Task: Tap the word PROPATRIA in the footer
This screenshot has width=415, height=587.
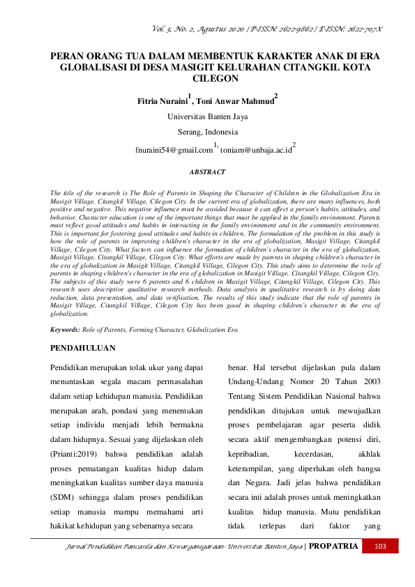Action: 334,546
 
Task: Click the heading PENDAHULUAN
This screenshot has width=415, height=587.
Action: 84,347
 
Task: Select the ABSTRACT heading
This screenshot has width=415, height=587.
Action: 207,171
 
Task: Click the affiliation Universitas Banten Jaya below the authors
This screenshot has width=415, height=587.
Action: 207,116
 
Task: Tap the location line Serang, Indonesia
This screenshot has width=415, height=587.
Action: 207,132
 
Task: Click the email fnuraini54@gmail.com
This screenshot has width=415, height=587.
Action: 174,149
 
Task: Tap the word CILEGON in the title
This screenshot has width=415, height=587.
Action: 207,79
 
